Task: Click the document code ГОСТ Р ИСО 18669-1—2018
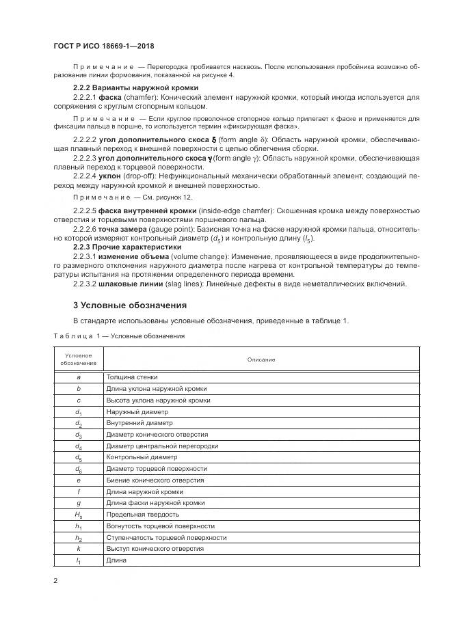tap(103, 46)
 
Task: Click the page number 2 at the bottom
tap(55, 581)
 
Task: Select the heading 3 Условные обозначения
tap(130, 304)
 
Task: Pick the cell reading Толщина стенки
tap(132, 377)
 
